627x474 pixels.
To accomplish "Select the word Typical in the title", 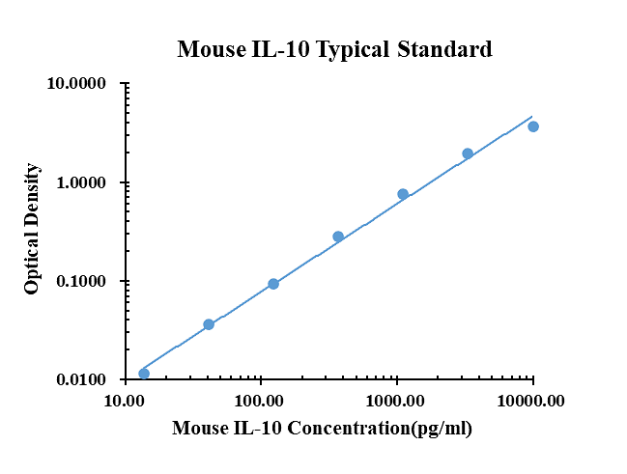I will click(352, 50).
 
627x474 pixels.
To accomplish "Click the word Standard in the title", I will click(445, 49).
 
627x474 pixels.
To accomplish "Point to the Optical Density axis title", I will click(32, 229).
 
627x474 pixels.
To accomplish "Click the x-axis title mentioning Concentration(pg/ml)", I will click(322, 429).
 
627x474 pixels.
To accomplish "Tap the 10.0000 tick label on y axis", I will click(76, 84).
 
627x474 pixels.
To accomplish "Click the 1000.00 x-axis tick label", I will click(396, 400).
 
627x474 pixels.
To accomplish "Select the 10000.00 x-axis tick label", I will click(532, 400).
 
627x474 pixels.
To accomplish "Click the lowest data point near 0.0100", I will click(144, 374).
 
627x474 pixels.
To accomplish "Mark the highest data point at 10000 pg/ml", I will click(533, 126).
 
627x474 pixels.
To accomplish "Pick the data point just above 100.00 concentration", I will click(273, 284).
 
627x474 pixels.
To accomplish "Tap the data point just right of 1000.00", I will click(403, 194).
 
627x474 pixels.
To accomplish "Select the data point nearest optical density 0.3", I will click(338, 237).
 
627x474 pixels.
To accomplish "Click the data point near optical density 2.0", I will click(468, 153).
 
